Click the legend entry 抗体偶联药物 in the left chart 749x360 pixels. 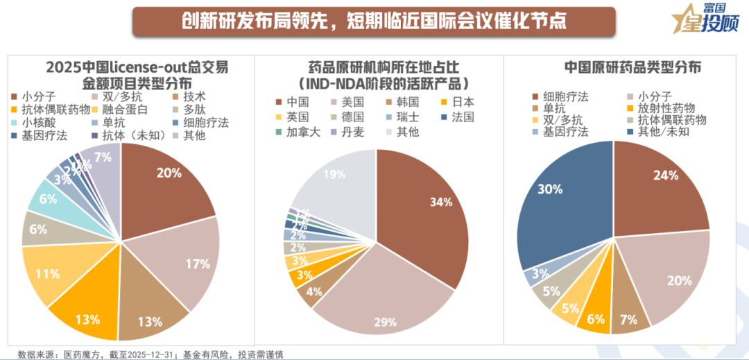[51, 109]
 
